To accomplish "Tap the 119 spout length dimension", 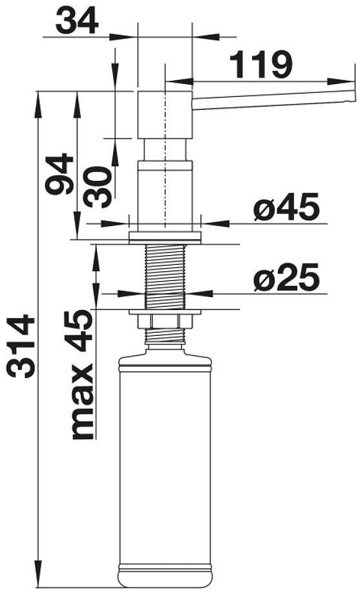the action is pos(261,65).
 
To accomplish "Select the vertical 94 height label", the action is pos(59,174).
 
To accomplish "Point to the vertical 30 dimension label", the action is pos(98,187).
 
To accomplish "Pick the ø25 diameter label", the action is pos(286,278).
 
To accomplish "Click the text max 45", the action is pos(83,375).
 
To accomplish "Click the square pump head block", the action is pos(165,114).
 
